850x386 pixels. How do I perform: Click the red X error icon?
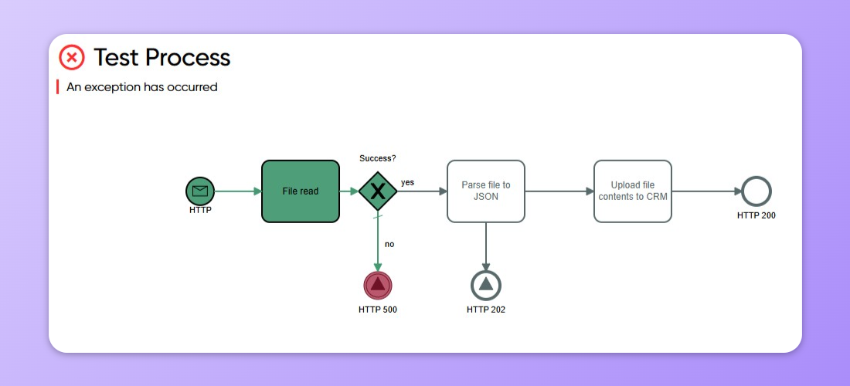click(72, 57)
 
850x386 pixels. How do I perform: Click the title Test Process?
click(162, 57)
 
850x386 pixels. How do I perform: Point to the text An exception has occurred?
click(142, 87)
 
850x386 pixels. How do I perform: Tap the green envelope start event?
click(200, 191)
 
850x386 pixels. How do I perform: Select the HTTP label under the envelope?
click(200, 210)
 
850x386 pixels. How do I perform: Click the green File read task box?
click(301, 191)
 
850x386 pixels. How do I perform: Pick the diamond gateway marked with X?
click(378, 191)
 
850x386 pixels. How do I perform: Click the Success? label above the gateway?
click(378, 158)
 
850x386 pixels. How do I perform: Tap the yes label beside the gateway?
click(407, 182)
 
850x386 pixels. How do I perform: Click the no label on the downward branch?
click(389, 244)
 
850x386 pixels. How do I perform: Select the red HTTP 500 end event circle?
click(378, 285)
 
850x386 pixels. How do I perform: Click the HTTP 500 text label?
click(378, 310)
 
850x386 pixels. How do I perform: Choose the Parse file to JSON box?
click(486, 191)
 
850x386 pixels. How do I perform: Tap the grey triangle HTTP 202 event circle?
click(486, 285)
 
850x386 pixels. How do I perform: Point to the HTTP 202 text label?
click(486, 310)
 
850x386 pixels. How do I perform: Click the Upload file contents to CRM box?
click(633, 191)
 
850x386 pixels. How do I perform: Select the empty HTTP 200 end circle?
click(756, 191)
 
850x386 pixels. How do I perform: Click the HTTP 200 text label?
click(756, 215)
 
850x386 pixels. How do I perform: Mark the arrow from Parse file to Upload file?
click(559, 191)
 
